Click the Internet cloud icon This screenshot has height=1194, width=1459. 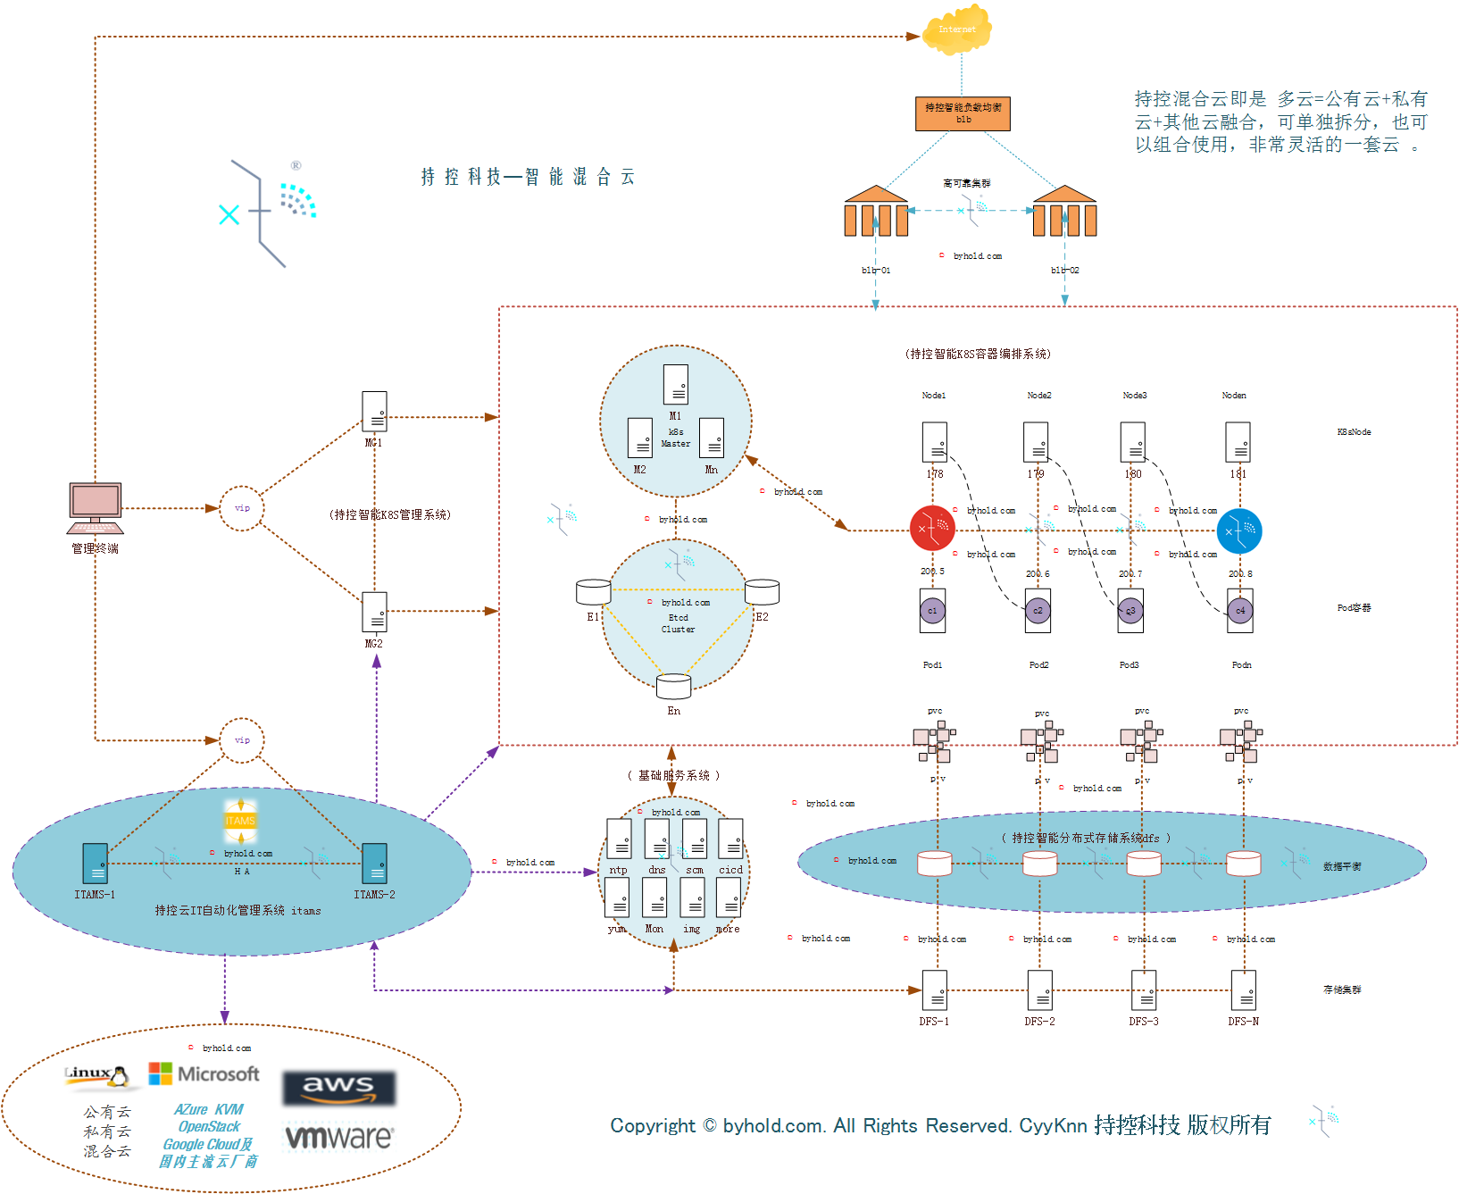[x=958, y=29]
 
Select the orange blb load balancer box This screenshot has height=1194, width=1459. [x=963, y=113]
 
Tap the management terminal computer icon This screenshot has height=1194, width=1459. [x=96, y=506]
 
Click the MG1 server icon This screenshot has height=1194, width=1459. [x=374, y=412]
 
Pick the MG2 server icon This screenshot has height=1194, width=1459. [x=374, y=613]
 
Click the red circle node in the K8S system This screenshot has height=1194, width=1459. [x=932, y=529]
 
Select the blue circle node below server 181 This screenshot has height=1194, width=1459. [x=1239, y=531]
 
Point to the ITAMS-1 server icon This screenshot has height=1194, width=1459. [x=95, y=864]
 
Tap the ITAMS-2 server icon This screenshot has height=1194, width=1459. [x=375, y=864]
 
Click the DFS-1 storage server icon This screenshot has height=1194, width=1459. [x=934, y=990]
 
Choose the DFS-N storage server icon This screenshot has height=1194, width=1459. [x=1244, y=990]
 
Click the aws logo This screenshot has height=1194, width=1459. [x=338, y=1088]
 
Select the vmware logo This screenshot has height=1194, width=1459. [x=338, y=1137]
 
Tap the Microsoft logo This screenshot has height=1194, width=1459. [x=204, y=1073]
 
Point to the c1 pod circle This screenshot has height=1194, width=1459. [x=932, y=611]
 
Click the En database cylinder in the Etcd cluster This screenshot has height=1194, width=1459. [x=673, y=687]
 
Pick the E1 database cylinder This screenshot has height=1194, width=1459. [x=593, y=591]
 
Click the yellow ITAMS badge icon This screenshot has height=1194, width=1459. [x=240, y=821]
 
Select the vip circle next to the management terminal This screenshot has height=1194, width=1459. [x=242, y=508]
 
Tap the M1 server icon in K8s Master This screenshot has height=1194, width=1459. [x=676, y=385]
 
